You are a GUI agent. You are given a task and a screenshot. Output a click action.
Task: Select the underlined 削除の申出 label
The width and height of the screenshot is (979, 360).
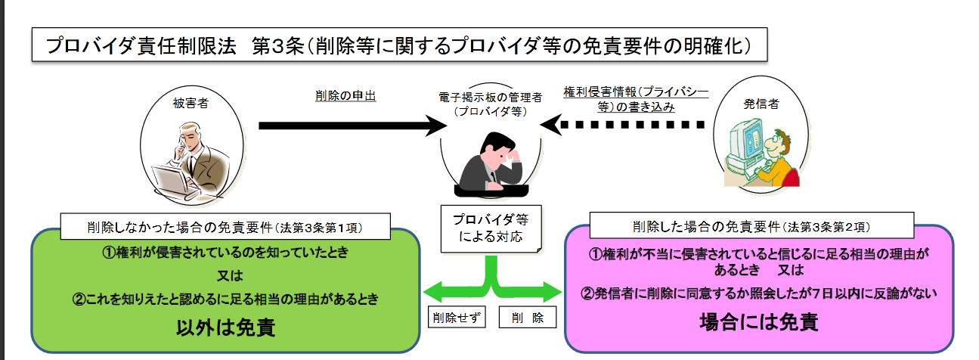(345, 96)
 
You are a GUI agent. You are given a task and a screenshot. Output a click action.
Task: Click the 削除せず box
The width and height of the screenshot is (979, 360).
(455, 317)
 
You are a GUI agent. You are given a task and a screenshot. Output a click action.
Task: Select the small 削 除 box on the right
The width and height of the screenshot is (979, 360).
(528, 317)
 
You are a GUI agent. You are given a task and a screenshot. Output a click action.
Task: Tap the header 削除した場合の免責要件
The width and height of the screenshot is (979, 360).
(753, 225)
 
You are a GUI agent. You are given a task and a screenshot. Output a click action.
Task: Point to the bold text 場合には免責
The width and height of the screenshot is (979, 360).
(758, 321)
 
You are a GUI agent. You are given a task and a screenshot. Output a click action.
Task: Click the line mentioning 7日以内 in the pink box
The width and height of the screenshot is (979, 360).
(758, 293)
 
